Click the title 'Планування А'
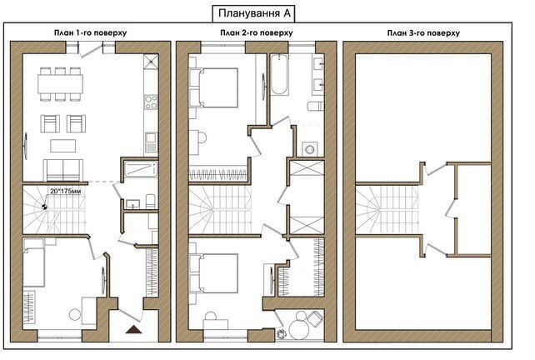pos(253,13)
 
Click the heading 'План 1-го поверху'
pos(91,32)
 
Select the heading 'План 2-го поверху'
pos(256,32)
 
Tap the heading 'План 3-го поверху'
pos(423,33)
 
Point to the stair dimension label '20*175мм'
pos(66,191)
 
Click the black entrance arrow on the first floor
pos(133,329)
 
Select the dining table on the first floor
pos(60,84)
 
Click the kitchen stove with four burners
pos(151,102)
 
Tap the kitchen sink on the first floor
pos(151,142)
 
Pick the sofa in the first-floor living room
pos(63,170)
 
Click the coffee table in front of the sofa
pos(63,146)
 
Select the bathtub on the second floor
pos(279,74)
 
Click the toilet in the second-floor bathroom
pos(315,106)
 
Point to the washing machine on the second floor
pos(310,149)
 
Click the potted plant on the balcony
pos(282,333)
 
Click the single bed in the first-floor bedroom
pos(34,262)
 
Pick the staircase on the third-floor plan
pos(387,210)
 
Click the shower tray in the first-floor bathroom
pos(141,169)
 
